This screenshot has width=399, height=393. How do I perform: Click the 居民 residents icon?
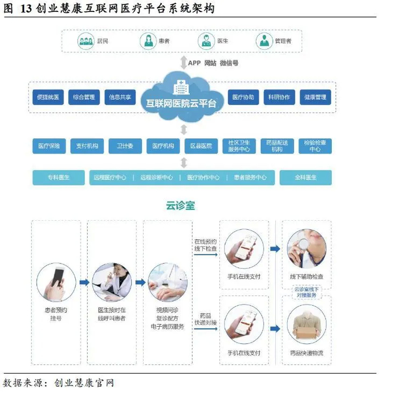pyautogui.click(x=85, y=41)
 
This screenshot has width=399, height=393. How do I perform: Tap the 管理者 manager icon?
pyautogui.click(x=264, y=41)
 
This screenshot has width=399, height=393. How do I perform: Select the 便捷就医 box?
pyautogui.click(x=48, y=97)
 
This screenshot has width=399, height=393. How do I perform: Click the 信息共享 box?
pyautogui.click(x=120, y=97)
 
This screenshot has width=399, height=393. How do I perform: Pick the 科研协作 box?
pyautogui.click(x=279, y=97)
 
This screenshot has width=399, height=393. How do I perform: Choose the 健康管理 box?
pyautogui.click(x=316, y=97)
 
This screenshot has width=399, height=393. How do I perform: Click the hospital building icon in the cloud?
pyautogui.click(x=181, y=87)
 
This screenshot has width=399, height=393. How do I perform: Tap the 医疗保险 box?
pyautogui.click(x=49, y=146)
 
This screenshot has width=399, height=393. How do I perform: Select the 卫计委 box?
pyautogui.click(x=125, y=146)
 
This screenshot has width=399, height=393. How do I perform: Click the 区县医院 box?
pyautogui.click(x=201, y=146)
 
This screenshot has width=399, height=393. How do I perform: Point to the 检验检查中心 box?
pyautogui.click(x=315, y=146)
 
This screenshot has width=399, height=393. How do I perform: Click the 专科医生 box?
pyautogui.click(x=59, y=177)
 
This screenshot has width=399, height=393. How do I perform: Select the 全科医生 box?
pyautogui.click(x=306, y=177)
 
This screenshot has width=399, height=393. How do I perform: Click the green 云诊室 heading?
pyautogui.click(x=181, y=205)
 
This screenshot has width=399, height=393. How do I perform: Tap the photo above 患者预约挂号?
pyautogui.click(x=56, y=282)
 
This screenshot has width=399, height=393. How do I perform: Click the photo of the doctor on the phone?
pyautogui.click(x=112, y=282)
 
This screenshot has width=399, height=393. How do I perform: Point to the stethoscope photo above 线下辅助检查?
pyautogui.click(x=307, y=249)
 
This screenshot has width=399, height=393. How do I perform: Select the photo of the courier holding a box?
pyautogui.click(x=307, y=324)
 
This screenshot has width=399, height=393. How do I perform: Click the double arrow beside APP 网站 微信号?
pyautogui.click(x=184, y=63)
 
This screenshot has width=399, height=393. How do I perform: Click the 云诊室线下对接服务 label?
pyautogui.click(x=307, y=292)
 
